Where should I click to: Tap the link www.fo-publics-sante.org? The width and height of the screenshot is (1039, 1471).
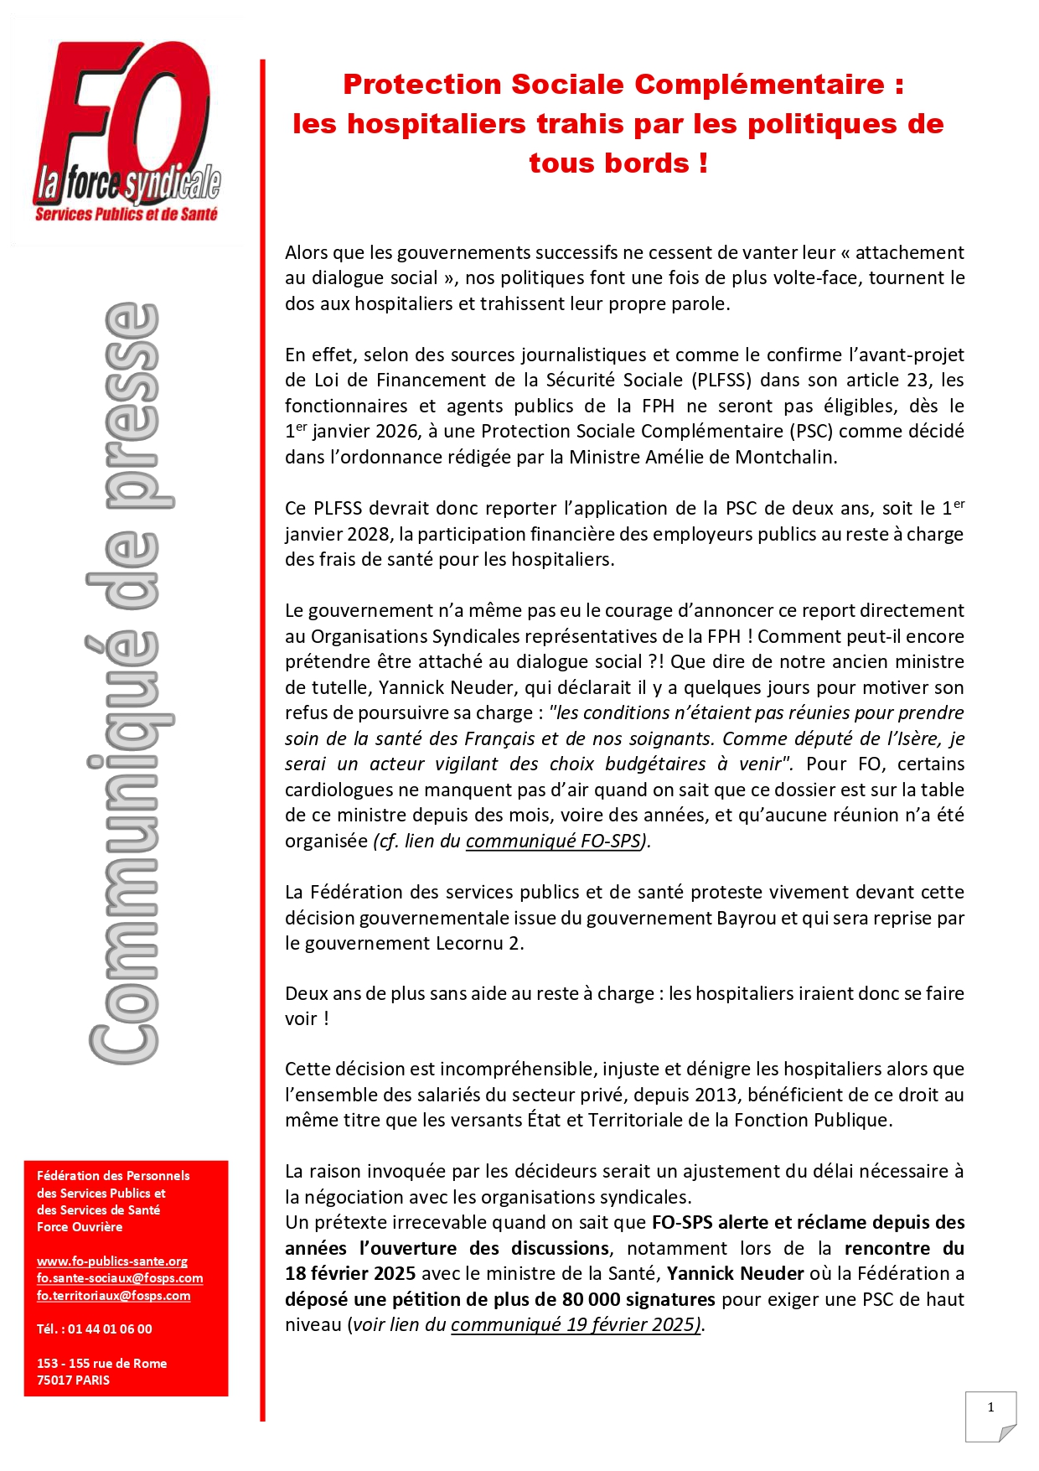point(111,1261)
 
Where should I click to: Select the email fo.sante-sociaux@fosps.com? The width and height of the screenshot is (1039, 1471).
point(119,1277)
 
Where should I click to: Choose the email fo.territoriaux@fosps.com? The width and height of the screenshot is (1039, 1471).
point(113,1295)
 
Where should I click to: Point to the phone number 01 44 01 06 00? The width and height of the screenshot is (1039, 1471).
point(110,1329)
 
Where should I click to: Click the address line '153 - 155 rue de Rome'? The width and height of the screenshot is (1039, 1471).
point(101,1363)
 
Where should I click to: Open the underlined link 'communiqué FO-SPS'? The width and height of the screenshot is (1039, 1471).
point(553,841)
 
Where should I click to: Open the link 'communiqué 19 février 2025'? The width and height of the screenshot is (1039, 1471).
point(575,1324)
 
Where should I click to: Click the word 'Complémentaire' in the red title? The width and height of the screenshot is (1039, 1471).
point(759,85)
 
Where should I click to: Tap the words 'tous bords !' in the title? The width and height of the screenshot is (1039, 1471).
point(618,163)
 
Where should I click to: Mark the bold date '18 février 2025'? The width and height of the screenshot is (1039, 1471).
point(350,1273)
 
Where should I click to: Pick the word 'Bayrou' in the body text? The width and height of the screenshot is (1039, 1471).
point(747,918)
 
